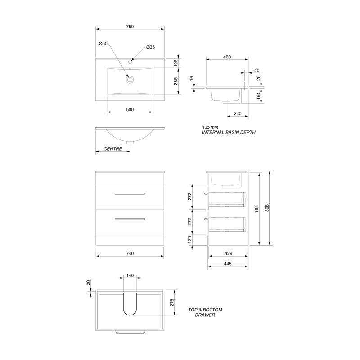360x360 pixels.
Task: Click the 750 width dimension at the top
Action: pos(130,27)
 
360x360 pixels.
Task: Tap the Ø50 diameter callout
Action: pos(103,43)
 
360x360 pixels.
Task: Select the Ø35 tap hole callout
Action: pos(151,47)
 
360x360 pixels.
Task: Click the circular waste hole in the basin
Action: pos(130,80)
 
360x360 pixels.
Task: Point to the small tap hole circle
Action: pos(130,62)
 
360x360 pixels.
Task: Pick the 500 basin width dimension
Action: pos(130,110)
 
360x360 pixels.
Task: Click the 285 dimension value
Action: pos(175,81)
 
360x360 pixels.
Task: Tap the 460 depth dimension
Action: pos(227,57)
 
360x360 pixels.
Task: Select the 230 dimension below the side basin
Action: pos(238,114)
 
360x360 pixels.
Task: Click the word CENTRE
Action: pos(113,149)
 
